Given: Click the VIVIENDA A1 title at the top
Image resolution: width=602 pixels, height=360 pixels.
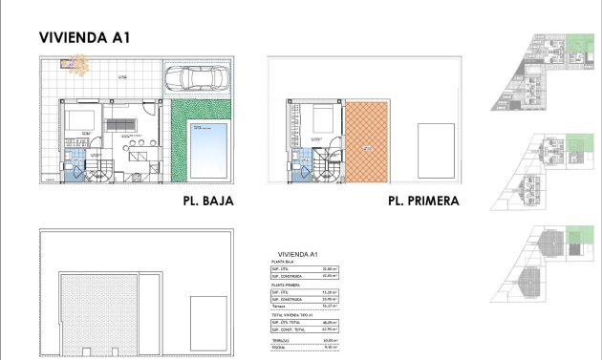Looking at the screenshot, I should coord(84,38).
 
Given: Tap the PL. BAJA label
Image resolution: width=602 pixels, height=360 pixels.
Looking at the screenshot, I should coord(207,201).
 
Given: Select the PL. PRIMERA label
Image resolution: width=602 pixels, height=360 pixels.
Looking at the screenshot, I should coord(423,201).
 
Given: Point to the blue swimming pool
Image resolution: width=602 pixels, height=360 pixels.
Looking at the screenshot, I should coord(205,147).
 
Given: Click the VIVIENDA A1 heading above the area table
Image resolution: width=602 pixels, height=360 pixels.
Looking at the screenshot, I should coord(296,253).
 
